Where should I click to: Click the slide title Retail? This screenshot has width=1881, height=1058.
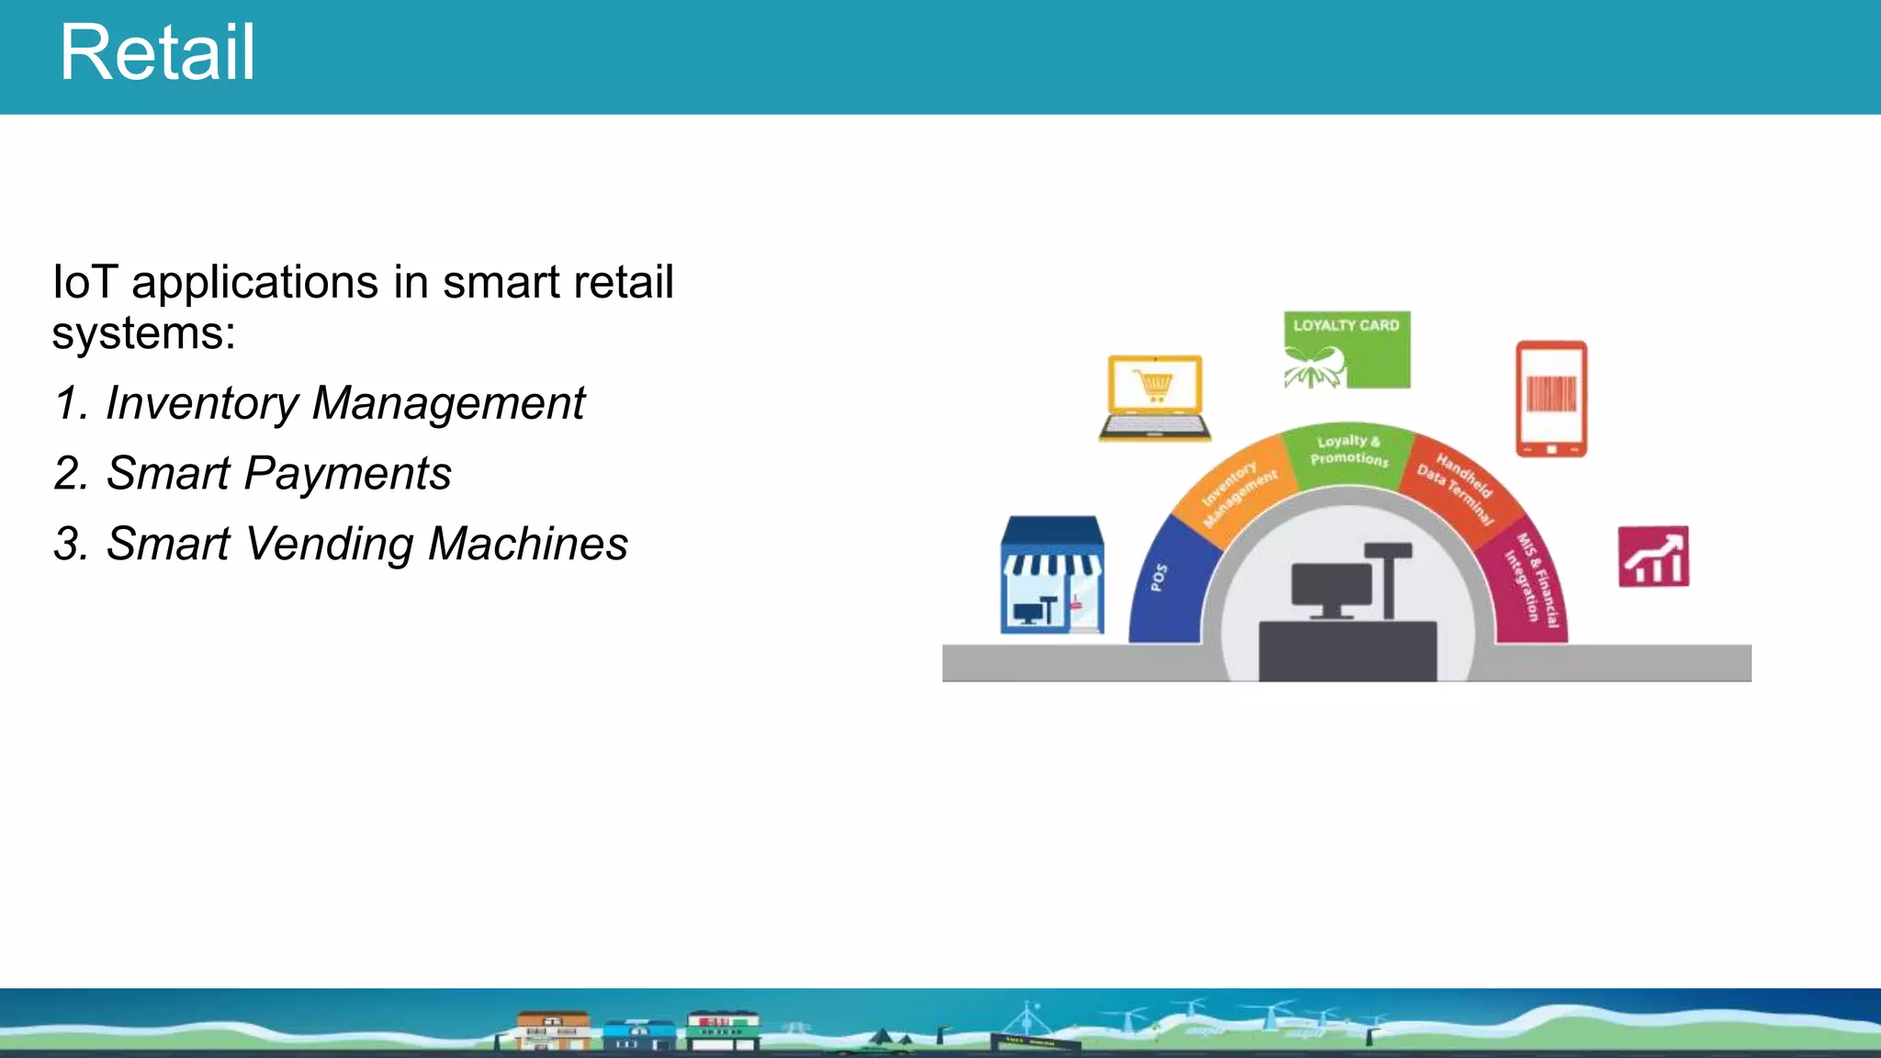157,53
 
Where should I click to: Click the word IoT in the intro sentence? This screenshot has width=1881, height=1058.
84,282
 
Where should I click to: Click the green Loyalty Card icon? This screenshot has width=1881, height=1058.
1346,350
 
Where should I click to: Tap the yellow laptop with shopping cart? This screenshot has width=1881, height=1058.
1155,398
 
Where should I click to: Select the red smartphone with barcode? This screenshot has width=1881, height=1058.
1551,399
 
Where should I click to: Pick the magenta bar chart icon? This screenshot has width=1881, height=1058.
1653,557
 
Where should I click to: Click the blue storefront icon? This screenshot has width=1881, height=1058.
1052,575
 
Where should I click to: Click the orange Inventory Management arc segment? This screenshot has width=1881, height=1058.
1235,491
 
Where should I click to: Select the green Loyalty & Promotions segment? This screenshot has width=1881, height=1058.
1347,452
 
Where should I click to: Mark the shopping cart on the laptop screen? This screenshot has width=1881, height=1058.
1154,385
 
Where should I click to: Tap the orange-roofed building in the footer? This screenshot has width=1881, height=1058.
553,1030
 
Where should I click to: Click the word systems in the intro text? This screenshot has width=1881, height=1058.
142,333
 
